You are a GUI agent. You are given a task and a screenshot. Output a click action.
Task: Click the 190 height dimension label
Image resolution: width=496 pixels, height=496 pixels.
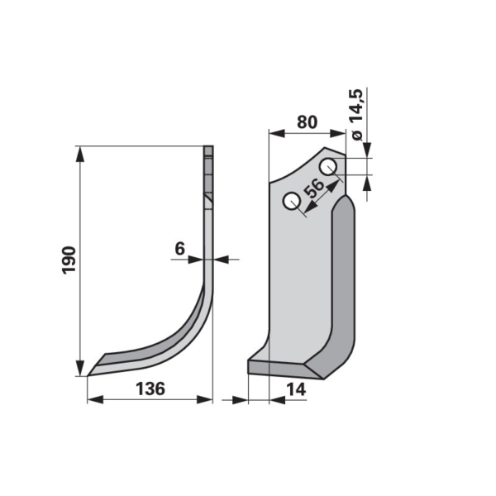pos(69,260)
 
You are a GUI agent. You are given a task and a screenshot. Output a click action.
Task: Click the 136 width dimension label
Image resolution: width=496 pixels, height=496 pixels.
pos(150,389)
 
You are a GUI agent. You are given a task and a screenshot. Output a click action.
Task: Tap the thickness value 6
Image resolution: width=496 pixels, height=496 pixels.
pos(179,249)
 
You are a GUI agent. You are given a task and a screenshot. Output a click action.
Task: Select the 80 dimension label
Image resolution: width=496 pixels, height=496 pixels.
pos(308,122)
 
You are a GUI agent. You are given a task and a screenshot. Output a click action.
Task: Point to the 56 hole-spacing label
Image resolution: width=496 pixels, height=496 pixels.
pos(314,188)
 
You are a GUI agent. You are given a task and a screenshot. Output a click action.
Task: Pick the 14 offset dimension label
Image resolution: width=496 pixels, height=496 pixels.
pos(296,389)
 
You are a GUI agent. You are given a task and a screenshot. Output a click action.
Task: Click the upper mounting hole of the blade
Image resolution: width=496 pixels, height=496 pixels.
pos(328,166)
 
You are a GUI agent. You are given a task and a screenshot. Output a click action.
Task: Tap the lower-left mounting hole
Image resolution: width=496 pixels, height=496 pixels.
pos(291,201)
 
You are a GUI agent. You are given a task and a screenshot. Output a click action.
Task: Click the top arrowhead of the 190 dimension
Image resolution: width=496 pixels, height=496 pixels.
pos(81,154)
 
